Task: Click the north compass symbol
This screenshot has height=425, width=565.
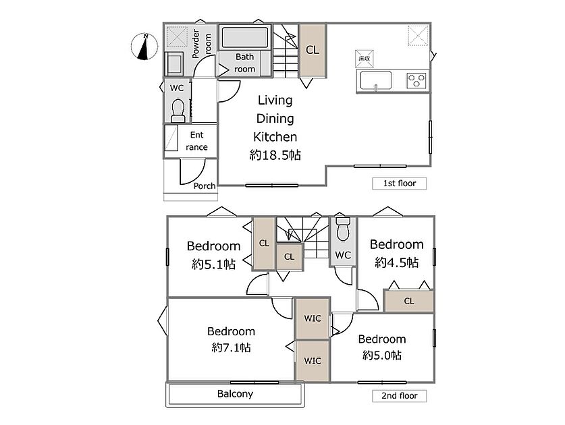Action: [144, 47]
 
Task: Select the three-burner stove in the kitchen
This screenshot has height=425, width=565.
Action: [416, 81]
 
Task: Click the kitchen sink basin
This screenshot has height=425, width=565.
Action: [376, 80]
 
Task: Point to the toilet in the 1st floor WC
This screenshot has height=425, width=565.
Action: [178, 111]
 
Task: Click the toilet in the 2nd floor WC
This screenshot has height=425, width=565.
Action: [343, 229]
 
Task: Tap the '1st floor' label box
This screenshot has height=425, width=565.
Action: [399, 183]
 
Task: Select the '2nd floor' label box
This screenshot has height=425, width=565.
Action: [399, 396]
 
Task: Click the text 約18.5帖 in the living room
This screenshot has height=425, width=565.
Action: [275, 155]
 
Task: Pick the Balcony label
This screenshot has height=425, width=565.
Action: [235, 394]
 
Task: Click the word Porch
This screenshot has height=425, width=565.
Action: [205, 186]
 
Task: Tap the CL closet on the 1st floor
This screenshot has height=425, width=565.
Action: [313, 50]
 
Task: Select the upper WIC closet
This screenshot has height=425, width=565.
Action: [313, 318]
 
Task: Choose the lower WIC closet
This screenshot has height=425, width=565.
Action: [313, 360]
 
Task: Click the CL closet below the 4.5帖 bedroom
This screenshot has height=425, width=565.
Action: [408, 301]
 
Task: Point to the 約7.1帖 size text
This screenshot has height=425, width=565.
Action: [232, 347]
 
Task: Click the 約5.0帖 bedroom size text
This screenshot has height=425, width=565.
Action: [382, 356]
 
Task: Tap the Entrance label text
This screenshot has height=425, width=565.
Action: [196, 141]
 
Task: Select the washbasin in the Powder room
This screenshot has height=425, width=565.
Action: [174, 63]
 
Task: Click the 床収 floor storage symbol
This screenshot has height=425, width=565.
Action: [365, 58]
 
